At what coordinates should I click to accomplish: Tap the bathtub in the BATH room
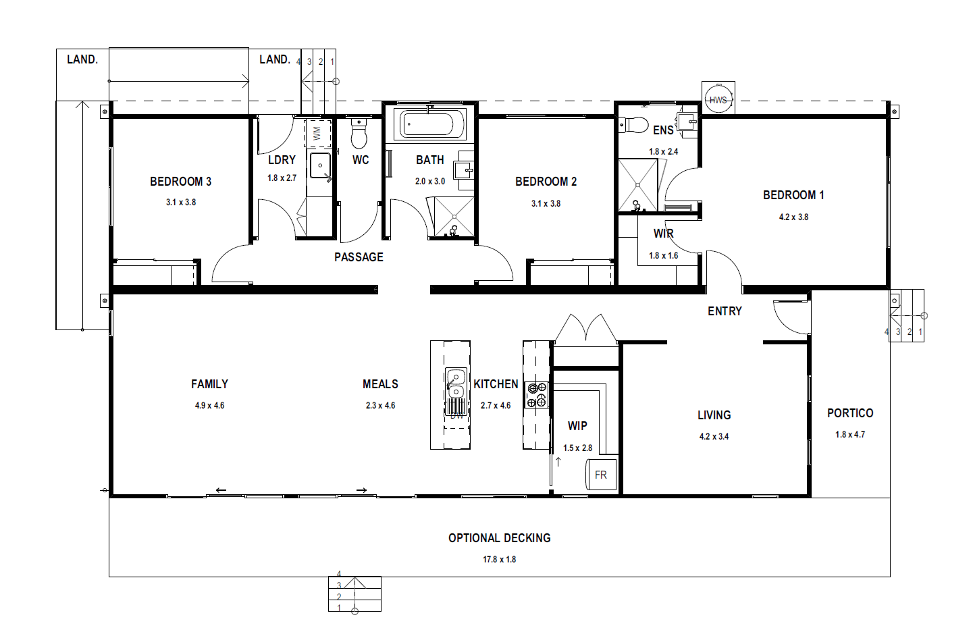(429, 124)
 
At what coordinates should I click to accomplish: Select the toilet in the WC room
(359, 132)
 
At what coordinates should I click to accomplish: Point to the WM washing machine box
(317, 133)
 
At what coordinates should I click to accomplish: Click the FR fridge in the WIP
(601, 475)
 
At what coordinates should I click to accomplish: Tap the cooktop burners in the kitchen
(537, 395)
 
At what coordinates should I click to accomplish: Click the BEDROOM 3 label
(181, 182)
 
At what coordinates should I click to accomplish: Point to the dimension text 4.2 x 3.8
(793, 217)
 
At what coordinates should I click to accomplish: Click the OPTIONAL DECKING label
(500, 538)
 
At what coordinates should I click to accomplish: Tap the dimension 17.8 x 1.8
(500, 559)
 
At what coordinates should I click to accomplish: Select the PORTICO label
(850, 413)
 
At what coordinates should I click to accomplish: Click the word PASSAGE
(359, 257)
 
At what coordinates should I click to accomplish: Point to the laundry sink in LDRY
(320, 165)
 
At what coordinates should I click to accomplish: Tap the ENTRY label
(725, 311)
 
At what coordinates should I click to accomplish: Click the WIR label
(664, 234)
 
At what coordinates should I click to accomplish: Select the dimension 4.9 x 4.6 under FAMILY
(210, 406)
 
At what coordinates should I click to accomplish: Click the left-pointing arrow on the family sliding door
(221, 490)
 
